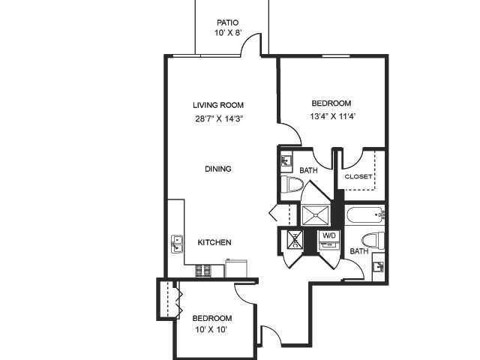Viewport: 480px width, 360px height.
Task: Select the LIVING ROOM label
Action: coord(217,105)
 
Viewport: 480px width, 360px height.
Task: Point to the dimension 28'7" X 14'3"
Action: coord(218,118)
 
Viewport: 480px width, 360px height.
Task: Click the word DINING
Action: coord(217,169)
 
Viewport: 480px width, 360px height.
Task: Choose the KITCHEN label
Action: coord(214,242)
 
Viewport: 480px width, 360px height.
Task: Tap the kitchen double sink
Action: coord(177,244)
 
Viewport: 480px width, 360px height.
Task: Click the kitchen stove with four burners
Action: coord(203,268)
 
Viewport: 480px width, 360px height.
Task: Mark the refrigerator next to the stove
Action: coord(238,267)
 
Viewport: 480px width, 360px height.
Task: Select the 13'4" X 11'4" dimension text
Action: coord(331,115)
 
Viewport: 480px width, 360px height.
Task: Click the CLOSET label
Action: coord(358,177)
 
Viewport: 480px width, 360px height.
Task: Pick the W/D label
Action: coord(329,235)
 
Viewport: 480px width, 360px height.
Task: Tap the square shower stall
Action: coord(316,214)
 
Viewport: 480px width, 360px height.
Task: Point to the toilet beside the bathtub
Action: coord(378,241)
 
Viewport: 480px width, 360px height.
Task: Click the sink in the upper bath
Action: coord(287,160)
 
